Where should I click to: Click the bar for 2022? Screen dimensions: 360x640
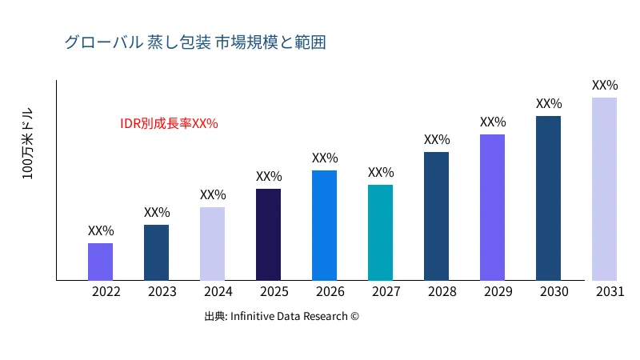click(100, 262)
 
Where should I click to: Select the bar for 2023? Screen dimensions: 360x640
click(156, 253)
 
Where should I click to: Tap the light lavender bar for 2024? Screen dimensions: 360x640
click(212, 244)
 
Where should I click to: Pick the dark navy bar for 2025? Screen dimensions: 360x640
click(268, 234)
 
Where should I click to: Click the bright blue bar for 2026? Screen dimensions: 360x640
click(324, 226)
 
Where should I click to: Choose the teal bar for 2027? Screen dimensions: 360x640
click(380, 233)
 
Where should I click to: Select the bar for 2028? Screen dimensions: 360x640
click(436, 216)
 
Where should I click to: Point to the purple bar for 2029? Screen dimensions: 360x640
click(492, 207)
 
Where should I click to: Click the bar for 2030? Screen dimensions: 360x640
click(548, 198)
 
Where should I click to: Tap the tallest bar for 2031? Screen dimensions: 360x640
click(604, 189)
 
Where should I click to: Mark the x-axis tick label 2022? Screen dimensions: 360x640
click(106, 292)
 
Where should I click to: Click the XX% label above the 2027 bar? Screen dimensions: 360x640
click(381, 173)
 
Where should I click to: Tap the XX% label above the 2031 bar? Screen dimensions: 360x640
click(605, 86)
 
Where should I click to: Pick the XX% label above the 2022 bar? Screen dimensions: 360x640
click(101, 231)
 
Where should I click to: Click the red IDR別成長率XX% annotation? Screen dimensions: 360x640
click(169, 124)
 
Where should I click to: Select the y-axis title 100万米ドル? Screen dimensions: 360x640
click(28, 143)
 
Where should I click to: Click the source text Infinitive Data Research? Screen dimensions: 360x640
click(282, 316)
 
